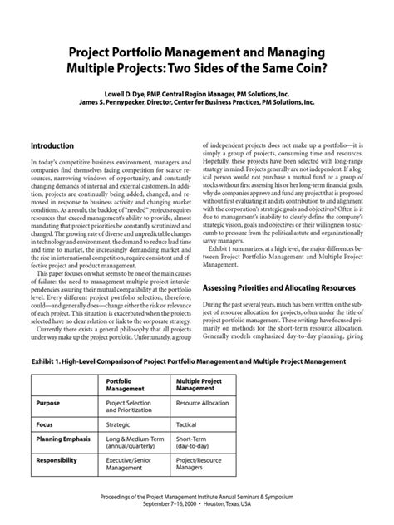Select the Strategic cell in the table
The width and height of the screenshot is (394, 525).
pos(121,424)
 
